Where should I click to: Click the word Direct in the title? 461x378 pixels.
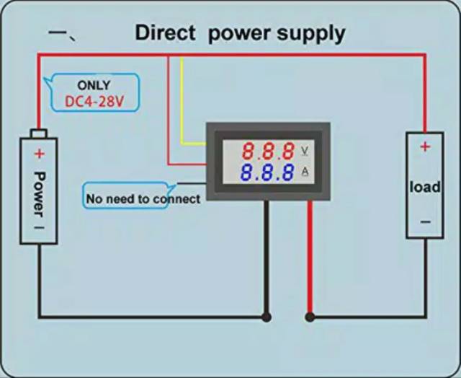pyautogui.click(x=166, y=32)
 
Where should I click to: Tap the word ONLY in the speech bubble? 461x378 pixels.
pyautogui.click(x=94, y=86)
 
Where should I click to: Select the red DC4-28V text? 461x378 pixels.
pyautogui.click(x=94, y=101)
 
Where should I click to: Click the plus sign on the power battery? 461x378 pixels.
pyautogui.click(x=39, y=154)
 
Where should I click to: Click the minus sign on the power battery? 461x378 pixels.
pyautogui.click(x=39, y=227)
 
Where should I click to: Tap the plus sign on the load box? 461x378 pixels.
pyautogui.click(x=424, y=146)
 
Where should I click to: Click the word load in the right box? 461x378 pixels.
pyautogui.click(x=424, y=187)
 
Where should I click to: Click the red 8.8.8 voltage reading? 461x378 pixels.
pyautogui.click(x=268, y=151)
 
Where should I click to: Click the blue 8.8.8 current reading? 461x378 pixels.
pyautogui.click(x=268, y=173)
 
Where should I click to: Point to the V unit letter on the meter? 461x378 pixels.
pyautogui.click(x=305, y=150)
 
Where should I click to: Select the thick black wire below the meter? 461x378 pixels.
pyautogui.click(x=267, y=260)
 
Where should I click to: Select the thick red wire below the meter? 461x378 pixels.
pyautogui.click(x=310, y=260)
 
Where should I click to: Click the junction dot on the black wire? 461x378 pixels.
pyautogui.click(x=267, y=316)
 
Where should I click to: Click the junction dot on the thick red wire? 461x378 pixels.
pyautogui.click(x=310, y=316)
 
